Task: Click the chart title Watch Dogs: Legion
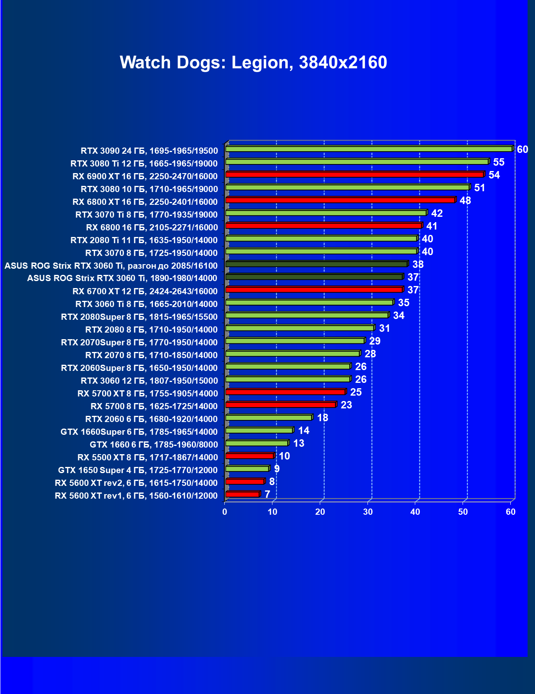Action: tap(253, 63)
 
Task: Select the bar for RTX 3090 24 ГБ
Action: tap(369, 149)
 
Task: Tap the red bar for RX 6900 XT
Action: tap(354, 175)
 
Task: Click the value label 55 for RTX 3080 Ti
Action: tap(499, 162)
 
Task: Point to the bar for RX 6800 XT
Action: tap(340, 200)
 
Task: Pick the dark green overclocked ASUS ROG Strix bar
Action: tap(316, 264)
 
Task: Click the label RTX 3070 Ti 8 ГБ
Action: tap(147, 215)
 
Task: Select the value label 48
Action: tap(465, 201)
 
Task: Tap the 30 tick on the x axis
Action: tap(368, 512)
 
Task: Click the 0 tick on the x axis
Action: tap(225, 512)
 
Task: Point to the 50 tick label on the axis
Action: tap(463, 512)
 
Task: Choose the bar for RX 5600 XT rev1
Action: tap(242, 494)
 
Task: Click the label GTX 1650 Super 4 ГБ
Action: tap(138, 470)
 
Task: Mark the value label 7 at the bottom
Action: tap(267, 495)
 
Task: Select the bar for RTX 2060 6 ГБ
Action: tap(269, 418)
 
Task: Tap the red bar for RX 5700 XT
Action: tap(285, 392)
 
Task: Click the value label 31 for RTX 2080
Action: tap(384, 328)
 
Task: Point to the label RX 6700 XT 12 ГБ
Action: tap(145, 291)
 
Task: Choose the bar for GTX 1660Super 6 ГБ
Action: tap(259, 431)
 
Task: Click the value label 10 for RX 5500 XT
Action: tap(284, 456)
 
